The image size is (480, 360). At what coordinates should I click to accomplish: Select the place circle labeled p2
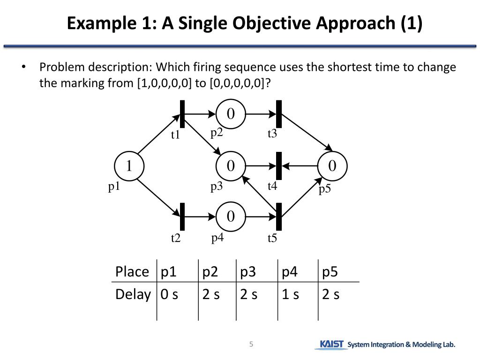click(x=230, y=114)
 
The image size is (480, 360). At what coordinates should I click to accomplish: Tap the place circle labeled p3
click(x=230, y=166)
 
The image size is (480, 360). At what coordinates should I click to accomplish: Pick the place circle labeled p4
click(x=230, y=217)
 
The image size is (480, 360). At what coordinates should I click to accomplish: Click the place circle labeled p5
click(x=332, y=166)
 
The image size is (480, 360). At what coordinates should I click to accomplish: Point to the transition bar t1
click(x=182, y=114)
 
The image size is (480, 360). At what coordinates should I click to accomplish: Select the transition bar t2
click(x=182, y=217)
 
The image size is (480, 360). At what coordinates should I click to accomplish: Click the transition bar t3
click(x=279, y=114)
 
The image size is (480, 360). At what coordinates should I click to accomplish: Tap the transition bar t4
click(x=279, y=166)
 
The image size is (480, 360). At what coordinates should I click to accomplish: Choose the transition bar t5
click(x=279, y=217)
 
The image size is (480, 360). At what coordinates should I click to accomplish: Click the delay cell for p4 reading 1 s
click(x=290, y=294)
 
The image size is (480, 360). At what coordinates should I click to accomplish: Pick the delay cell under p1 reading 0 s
click(x=169, y=294)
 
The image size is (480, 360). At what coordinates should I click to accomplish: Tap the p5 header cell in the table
click(x=330, y=272)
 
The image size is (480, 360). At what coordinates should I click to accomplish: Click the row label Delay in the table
click(x=133, y=294)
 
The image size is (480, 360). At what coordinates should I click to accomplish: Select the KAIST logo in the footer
click(x=331, y=345)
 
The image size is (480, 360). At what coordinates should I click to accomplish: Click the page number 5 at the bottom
click(x=251, y=345)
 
